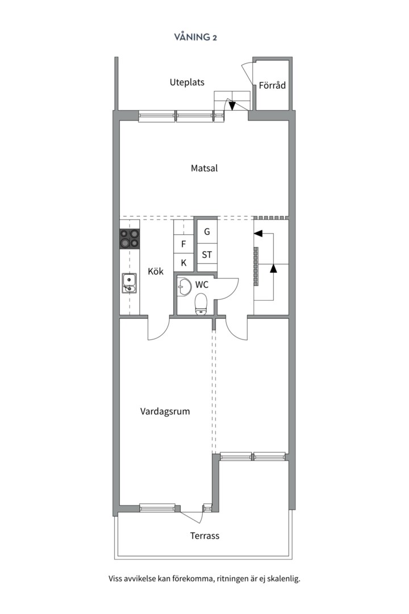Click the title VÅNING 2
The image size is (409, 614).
195,38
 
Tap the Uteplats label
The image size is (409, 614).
187,82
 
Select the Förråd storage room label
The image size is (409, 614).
272,86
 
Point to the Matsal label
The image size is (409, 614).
204,168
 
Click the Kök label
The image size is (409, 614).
156,272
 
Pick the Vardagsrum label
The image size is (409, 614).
165,412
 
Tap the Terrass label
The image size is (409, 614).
204,536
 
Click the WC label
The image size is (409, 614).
202,284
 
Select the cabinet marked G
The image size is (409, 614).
207,232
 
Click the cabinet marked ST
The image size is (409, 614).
207,255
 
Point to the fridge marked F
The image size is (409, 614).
183,244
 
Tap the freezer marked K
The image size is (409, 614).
183,263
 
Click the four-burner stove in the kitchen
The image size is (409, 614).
130,238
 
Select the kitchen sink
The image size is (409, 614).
129,283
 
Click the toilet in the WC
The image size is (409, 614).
201,304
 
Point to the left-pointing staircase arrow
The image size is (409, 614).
258,233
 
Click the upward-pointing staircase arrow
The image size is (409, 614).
273,268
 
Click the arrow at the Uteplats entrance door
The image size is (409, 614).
232,106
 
